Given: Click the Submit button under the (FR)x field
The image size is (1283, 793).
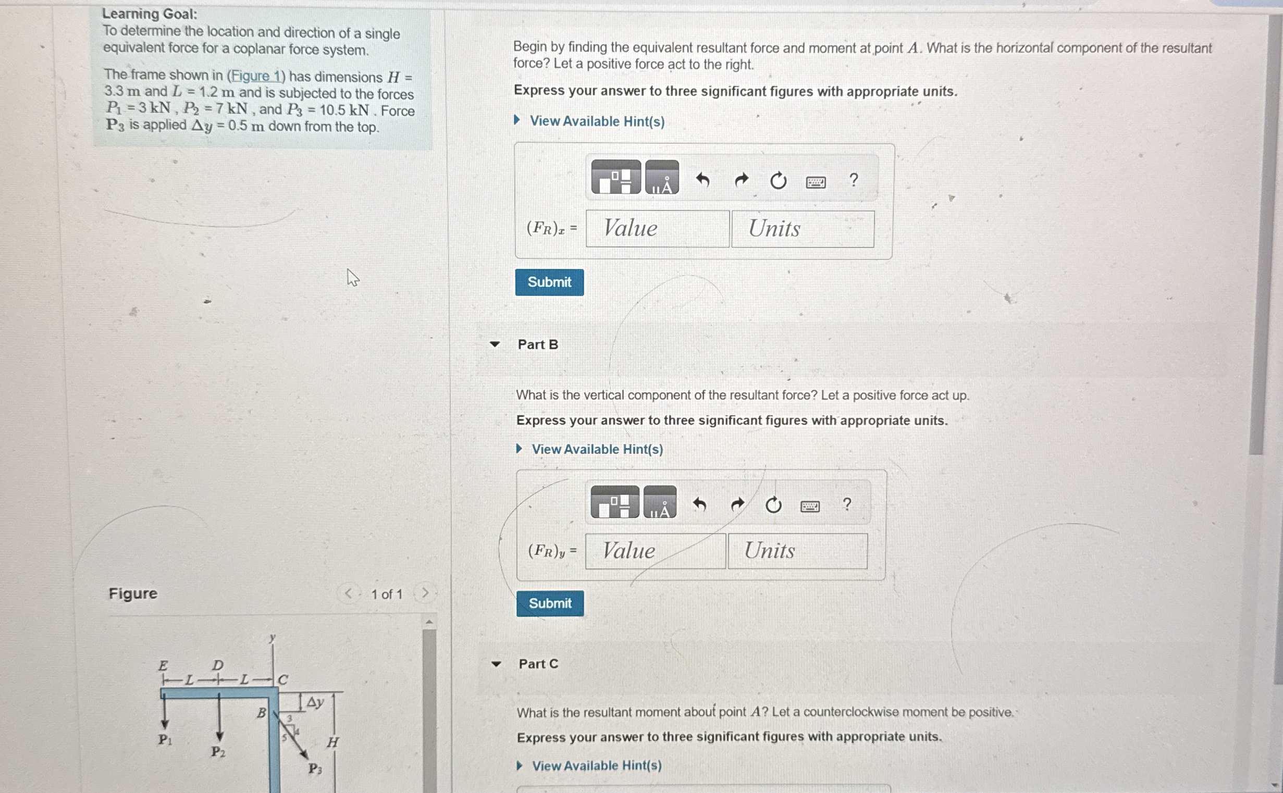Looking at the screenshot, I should tap(549, 282).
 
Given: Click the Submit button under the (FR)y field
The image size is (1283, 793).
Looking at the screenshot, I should tap(550, 603).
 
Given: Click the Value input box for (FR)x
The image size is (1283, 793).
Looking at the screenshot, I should tap(657, 229).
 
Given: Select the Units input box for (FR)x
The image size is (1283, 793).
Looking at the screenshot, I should tap(803, 229).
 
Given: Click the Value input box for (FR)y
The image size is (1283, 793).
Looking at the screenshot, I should tap(655, 551).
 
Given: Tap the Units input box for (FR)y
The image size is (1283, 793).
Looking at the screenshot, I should tap(797, 551).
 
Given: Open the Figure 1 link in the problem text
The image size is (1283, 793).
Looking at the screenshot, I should tap(255, 77).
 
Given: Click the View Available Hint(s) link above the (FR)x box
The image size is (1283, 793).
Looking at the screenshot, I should tap(597, 121).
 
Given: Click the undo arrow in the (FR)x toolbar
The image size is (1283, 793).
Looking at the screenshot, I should tap(702, 180).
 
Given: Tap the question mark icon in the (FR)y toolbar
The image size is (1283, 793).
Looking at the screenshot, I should tap(847, 504).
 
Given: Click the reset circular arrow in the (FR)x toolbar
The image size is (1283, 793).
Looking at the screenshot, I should tap(778, 181).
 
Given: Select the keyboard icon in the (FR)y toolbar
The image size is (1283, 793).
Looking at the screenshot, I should tap(810, 506).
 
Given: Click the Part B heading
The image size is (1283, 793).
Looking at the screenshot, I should tap(538, 344).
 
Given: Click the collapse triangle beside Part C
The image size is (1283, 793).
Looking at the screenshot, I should tap(496, 664).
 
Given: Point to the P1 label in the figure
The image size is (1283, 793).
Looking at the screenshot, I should tap(165, 740).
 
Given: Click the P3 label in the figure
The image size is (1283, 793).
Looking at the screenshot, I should tap(315, 769).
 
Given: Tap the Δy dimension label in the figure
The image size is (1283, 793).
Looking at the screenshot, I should tap(315, 702).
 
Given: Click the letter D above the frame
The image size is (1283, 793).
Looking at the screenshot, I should tap(218, 665).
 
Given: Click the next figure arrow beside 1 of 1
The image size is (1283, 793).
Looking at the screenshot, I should tap(425, 593).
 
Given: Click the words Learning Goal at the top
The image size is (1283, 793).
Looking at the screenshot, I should tap(150, 14).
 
